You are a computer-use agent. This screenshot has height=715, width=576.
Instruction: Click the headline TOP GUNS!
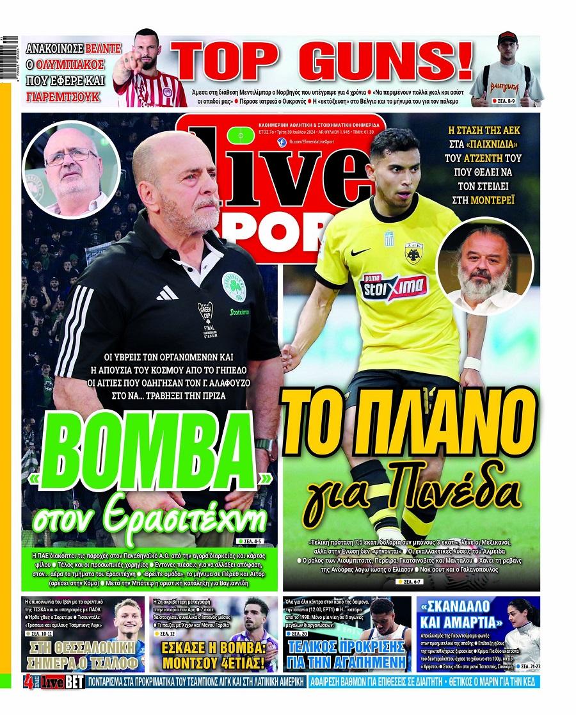(325, 62)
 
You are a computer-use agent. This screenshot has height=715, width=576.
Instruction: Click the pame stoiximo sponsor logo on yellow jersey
(395, 284)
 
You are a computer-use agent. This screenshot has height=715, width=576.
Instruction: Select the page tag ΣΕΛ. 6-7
(408, 581)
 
